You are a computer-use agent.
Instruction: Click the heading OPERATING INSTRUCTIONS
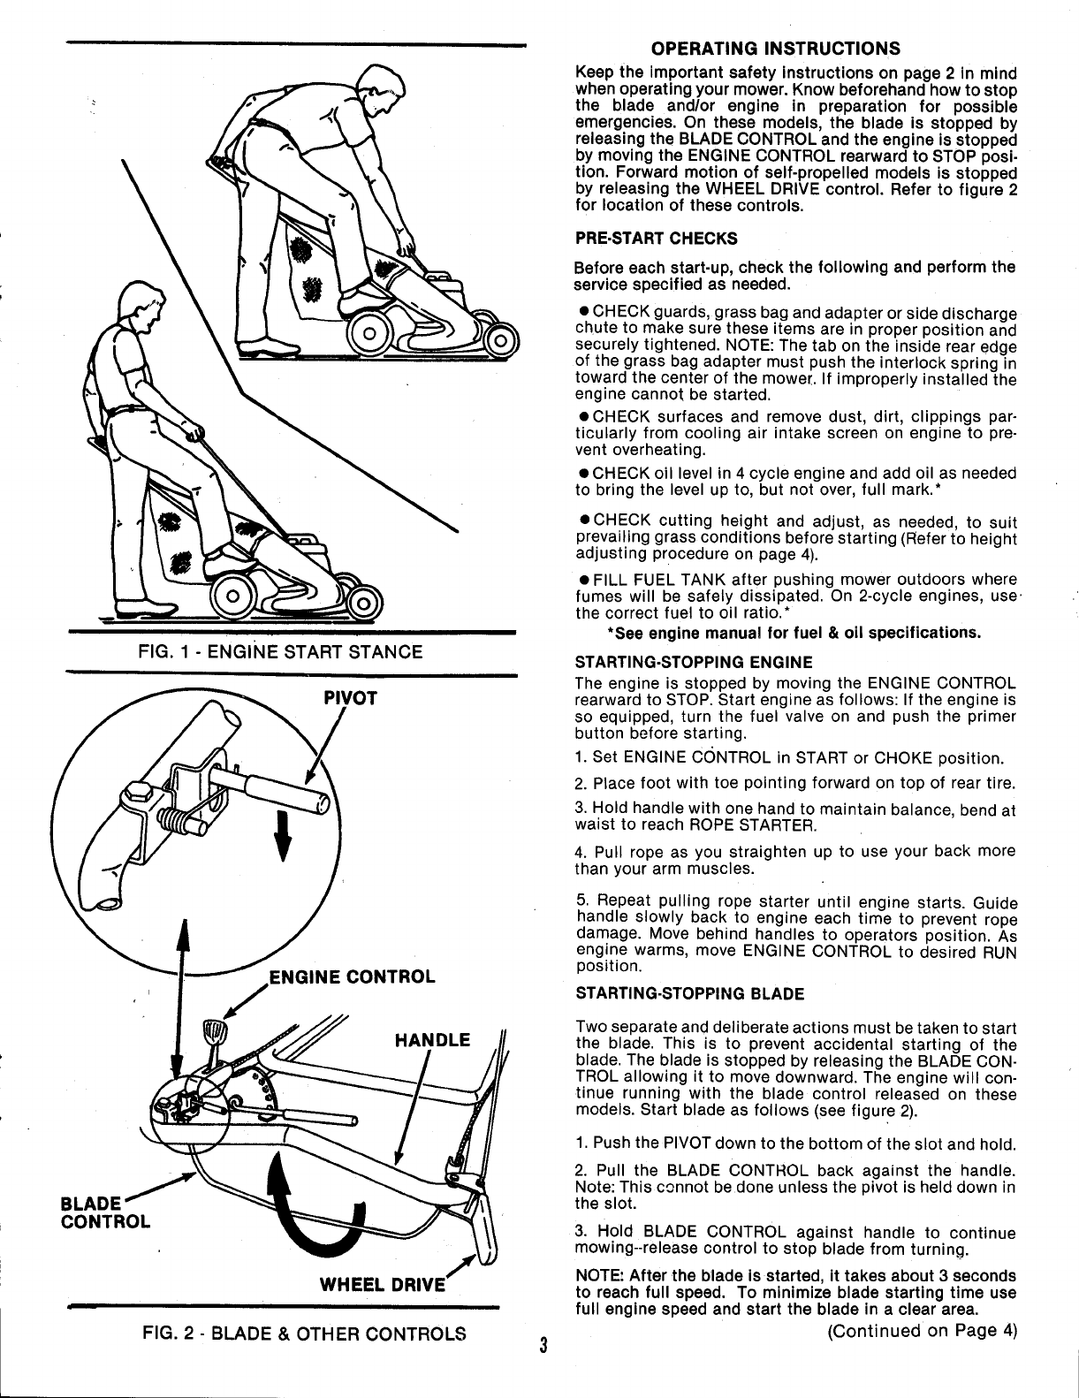pyautogui.click(x=775, y=48)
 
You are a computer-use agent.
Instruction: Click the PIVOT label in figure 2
pyautogui.click(x=351, y=698)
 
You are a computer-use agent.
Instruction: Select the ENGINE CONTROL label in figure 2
pyautogui.click(x=351, y=976)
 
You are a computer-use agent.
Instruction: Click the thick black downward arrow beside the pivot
pyautogui.click(x=283, y=837)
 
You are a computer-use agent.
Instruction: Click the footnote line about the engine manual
pyautogui.click(x=793, y=634)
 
